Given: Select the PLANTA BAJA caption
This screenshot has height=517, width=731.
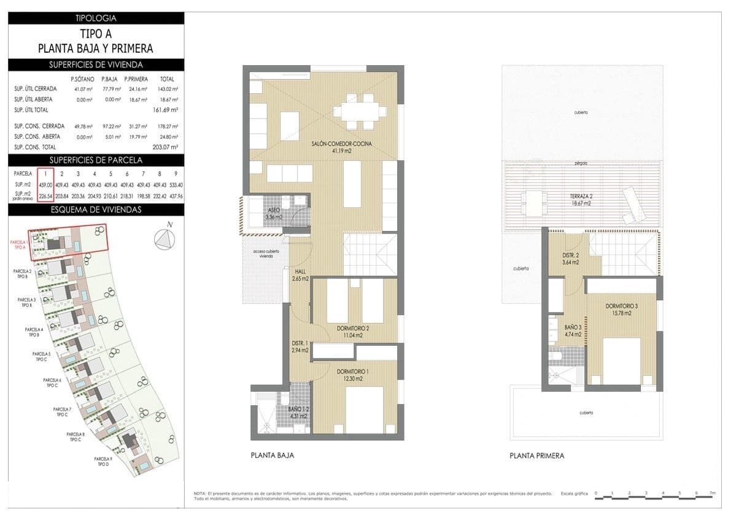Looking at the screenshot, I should tap(273, 456).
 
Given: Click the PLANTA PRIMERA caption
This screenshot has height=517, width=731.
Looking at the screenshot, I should tap(536, 456).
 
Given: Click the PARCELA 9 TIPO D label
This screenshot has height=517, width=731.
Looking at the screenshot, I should tap(102, 462).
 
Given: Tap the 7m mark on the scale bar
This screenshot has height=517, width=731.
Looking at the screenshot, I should tap(712, 493).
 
